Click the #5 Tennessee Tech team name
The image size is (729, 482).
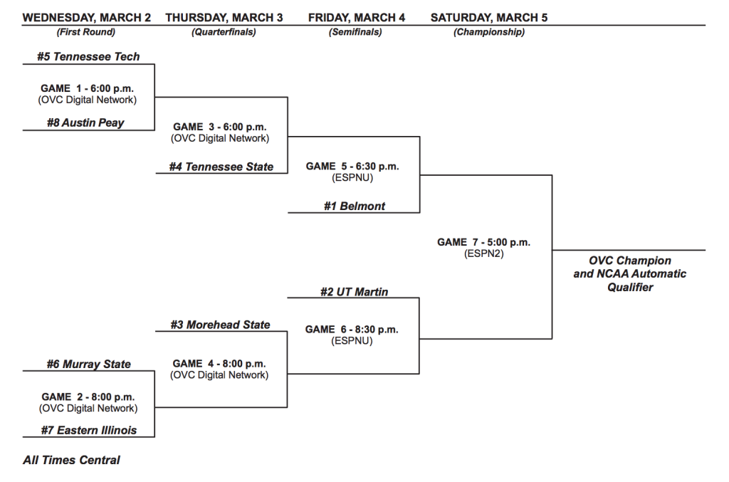(88, 56)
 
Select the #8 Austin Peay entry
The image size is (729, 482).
(85, 122)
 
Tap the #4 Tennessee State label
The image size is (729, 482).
(221, 167)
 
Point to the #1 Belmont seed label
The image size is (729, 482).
(354, 206)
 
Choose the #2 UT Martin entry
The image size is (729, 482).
(353, 292)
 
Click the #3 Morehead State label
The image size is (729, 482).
(220, 325)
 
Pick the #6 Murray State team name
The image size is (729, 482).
(89, 364)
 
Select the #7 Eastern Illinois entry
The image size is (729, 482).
(89, 430)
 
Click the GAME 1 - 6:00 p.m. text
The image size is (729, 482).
(87, 88)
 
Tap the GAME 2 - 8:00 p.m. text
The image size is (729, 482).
(88, 397)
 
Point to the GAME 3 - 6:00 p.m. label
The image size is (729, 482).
(220, 127)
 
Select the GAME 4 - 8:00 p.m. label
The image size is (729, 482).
(220, 363)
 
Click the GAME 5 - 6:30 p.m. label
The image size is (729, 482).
(352, 166)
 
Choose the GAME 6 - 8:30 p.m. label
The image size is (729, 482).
(352, 329)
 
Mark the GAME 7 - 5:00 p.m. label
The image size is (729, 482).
(483, 242)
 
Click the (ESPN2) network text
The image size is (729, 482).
(483, 253)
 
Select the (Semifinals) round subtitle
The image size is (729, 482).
(355, 32)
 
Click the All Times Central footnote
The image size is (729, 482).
(71, 460)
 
